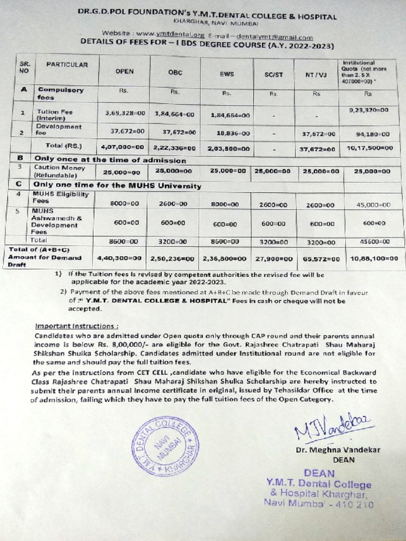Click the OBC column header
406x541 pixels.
[175, 72]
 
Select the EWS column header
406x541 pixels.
[226, 74]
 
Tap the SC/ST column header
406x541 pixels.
[274, 74]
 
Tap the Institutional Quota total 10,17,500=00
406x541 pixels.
[370, 148]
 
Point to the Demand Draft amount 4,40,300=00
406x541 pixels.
[119, 258]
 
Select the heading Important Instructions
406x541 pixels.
[76, 326]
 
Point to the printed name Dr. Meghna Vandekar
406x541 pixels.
[338, 450]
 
